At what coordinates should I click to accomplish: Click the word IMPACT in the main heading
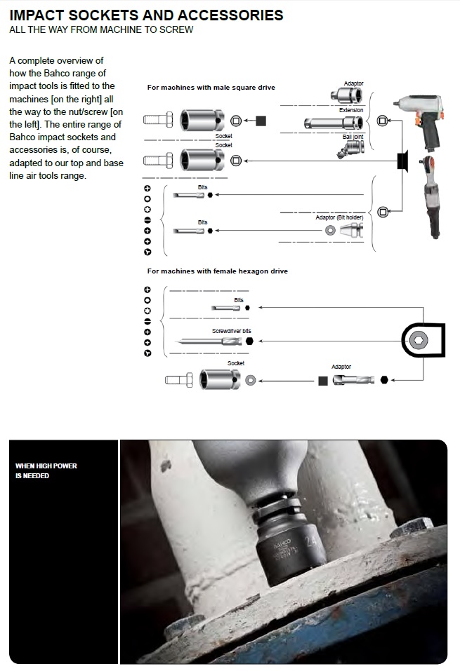39,15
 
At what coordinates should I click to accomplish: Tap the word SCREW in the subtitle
177,30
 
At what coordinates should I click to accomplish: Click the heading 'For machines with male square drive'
211,88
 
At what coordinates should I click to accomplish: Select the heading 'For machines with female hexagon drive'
217,271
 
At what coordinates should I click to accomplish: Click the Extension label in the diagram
351,110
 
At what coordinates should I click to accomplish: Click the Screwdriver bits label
231,330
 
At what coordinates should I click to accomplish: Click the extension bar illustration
334,123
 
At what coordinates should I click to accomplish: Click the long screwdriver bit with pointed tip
210,341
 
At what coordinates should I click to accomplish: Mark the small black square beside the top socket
261,121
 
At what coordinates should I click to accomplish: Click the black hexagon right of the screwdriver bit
249,341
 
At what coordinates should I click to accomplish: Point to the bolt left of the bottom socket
178,381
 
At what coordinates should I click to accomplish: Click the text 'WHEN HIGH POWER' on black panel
46,466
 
